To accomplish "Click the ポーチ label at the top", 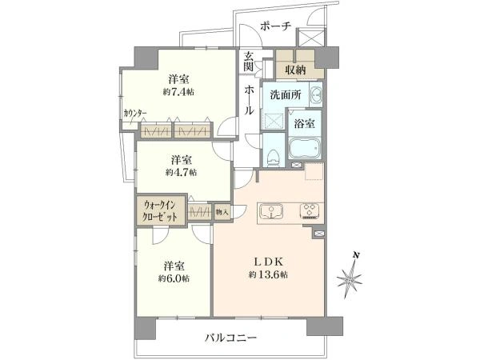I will [276, 24].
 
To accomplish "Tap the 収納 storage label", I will [295, 70].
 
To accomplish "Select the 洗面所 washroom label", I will [285, 95].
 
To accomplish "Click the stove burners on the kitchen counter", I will [309, 212].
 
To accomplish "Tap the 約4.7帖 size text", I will [182, 172].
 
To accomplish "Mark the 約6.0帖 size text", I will [174, 278].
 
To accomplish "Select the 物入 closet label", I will [222, 212].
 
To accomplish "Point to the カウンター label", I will [134, 113].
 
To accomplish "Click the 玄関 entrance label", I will [249, 61].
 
